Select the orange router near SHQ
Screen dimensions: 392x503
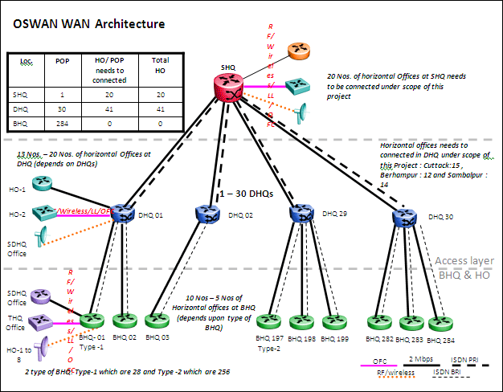(301, 50)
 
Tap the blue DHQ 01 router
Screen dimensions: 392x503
(123, 213)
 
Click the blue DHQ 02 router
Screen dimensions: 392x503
(208, 214)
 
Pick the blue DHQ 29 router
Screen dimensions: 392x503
(302, 214)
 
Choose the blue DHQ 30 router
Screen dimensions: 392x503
(406, 217)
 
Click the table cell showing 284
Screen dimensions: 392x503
(62, 125)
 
